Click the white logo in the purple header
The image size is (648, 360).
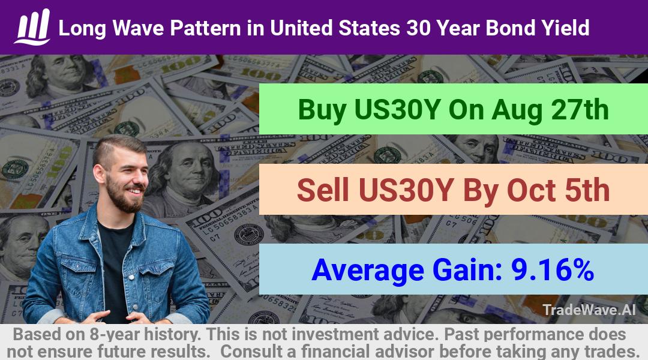tap(32, 27)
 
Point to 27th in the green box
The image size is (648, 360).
tap(580, 110)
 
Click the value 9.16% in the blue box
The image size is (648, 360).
tap(553, 270)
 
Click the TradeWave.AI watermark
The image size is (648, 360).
tap(589, 310)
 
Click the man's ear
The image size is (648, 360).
tap(99, 173)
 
